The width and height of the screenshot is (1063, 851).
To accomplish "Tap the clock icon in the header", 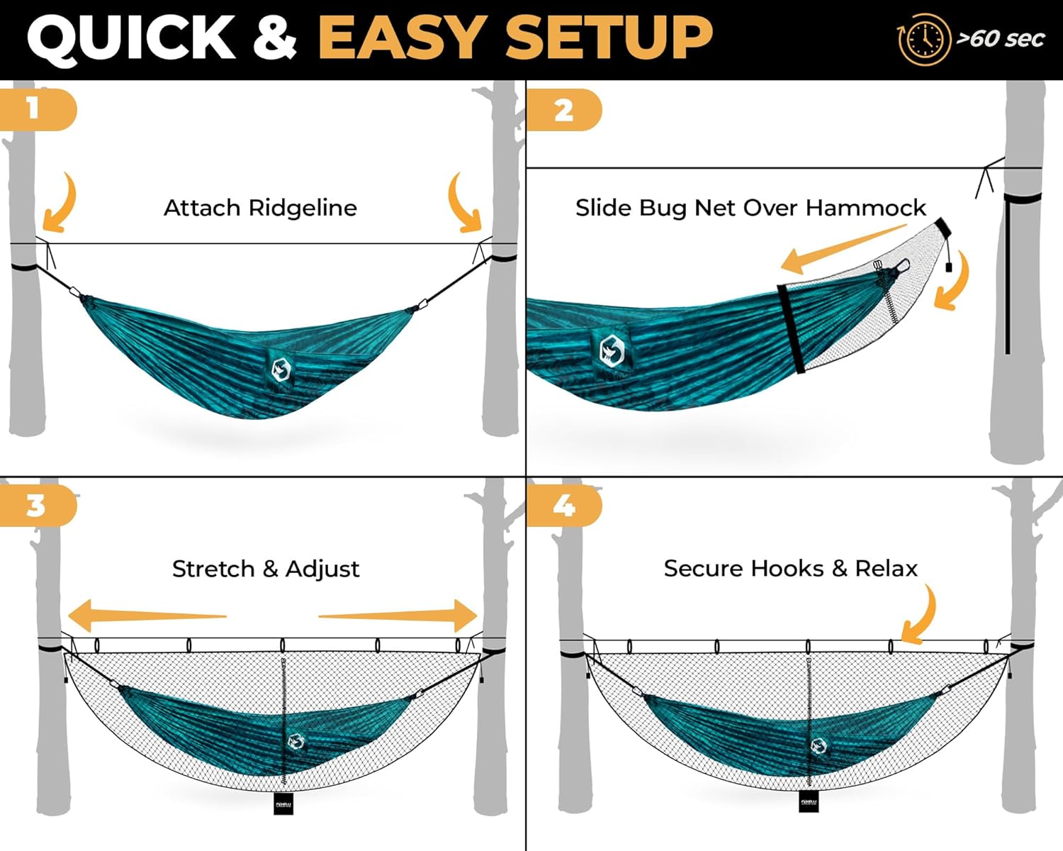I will (x=923, y=40).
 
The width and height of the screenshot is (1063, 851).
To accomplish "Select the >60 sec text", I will (x=1000, y=38).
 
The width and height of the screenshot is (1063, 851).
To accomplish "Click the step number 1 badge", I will (x=35, y=109).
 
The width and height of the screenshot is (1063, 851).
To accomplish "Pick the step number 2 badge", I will (x=563, y=110).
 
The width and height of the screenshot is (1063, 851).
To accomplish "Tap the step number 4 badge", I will (x=563, y=506).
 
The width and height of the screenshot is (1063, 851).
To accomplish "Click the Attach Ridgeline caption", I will (x=260, y=208).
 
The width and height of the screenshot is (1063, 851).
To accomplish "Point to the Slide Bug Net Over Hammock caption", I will (x=750, y=208).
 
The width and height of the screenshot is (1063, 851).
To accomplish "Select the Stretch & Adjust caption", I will (x=266, y=569).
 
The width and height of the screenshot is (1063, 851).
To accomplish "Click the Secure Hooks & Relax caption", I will (x=790, y=569).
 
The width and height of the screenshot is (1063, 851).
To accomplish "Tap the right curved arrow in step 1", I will (x=465, y=203).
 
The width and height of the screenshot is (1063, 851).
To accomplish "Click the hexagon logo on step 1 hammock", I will (x=281, y=369).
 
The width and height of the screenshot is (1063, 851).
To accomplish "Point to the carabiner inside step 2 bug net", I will (x=901, y=267).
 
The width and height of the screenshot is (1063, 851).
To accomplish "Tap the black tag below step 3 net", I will (x=283, y=803).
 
